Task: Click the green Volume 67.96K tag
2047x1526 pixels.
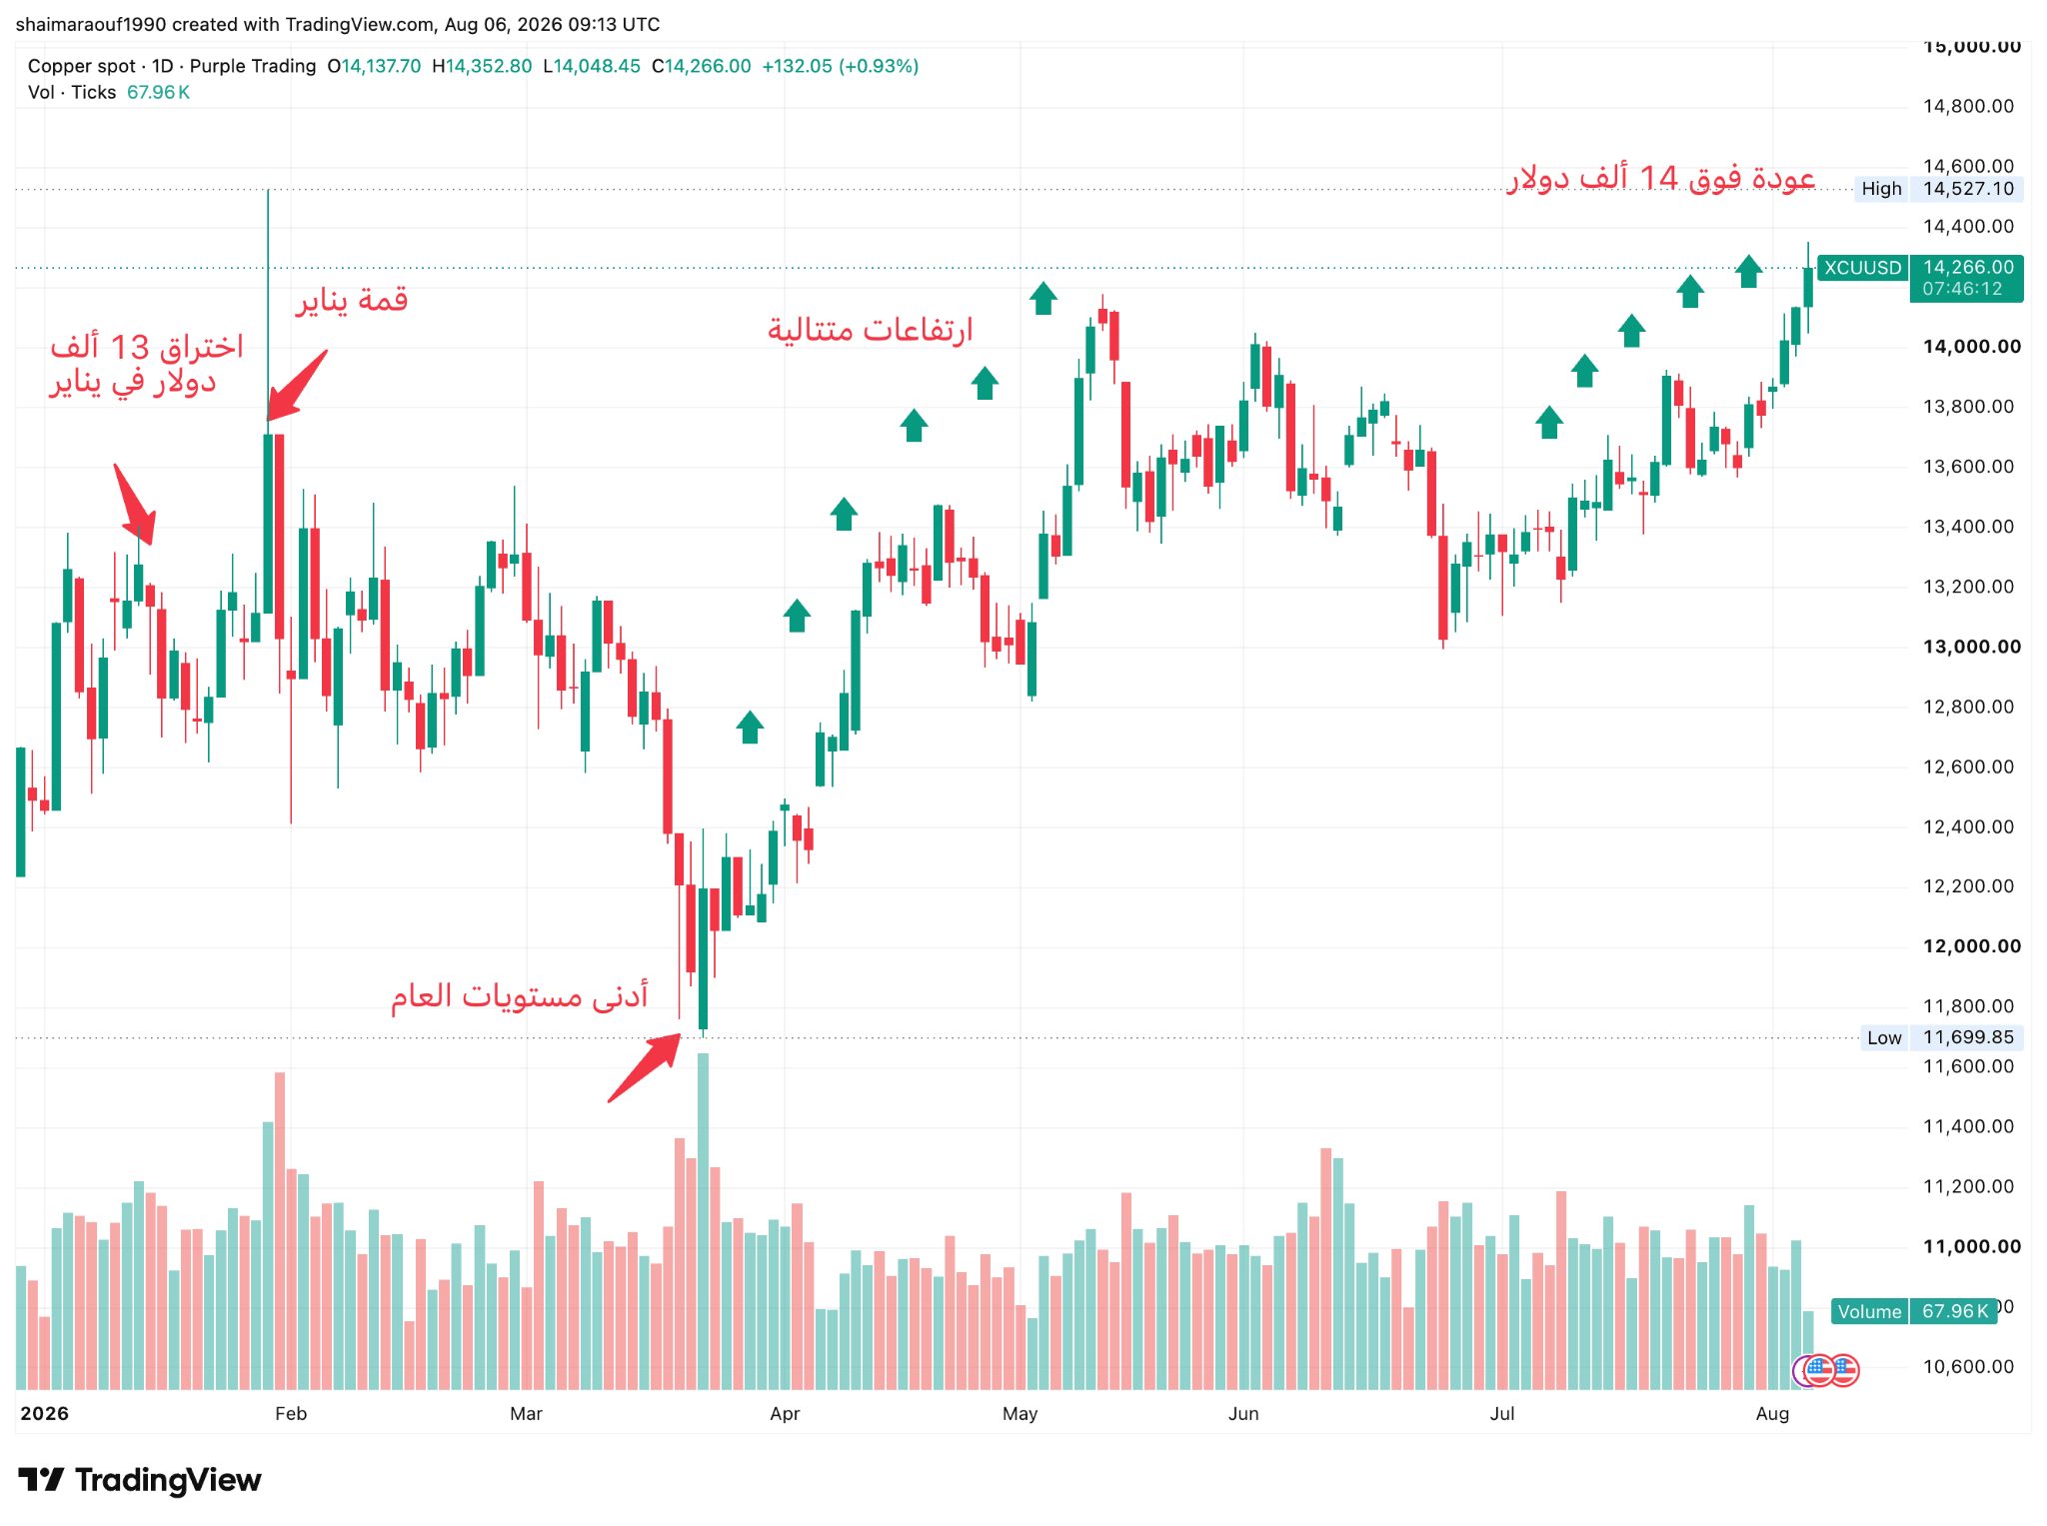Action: pos(1914,1311)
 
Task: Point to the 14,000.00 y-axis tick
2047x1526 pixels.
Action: pos(1971,347)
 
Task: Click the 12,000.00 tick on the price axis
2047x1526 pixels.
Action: pos(1971,946)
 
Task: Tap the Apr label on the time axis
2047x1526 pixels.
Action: pos(785,1413)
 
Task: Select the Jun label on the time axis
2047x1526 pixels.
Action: pos(1243,1413)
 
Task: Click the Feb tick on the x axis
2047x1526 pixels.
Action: pos(291,1413)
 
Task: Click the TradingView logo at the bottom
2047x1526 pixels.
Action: pos(140,1480)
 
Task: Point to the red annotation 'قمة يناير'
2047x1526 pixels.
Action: pos(351,300)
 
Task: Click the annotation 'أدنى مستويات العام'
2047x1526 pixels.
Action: pos(519,995)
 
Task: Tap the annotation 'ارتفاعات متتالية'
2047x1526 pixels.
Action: pos(870,329)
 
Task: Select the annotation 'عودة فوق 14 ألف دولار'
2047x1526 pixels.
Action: pos(1661,178)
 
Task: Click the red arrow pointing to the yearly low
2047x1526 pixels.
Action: pos(645,1068)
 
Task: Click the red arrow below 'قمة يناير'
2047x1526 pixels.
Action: pos(298,385)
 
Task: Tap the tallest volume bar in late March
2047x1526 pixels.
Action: pos(703,1221)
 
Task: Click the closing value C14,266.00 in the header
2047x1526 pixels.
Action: pos(702,66)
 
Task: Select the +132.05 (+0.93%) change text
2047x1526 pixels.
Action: pos(841,66)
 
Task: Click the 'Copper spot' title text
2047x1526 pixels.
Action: pos(81,66)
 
